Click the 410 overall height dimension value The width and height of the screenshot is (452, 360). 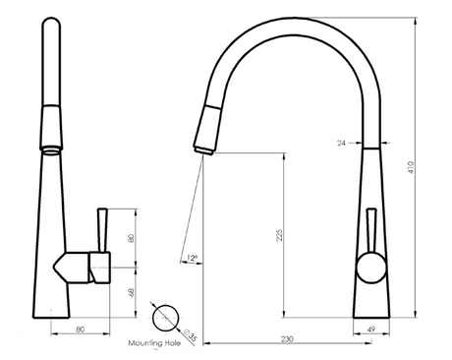[411, 167]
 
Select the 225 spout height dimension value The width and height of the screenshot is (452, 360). [279, 235]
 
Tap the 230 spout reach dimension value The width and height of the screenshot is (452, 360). [287, 338]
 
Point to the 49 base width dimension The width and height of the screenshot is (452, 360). [371, 330]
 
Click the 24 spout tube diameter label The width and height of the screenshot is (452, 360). [341, 143]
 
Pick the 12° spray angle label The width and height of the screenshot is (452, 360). [193, 258]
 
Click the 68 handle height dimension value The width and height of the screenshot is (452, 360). [131, 292]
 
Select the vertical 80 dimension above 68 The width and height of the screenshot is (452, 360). [131, 238]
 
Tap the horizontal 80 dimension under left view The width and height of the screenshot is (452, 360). [81, 330]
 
